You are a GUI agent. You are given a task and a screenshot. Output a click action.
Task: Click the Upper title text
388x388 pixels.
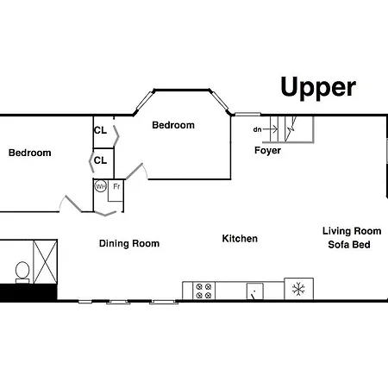(318, 88)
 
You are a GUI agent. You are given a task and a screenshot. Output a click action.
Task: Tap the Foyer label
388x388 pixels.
(267, 150)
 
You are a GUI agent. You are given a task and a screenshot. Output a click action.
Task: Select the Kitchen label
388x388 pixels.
(240, 239)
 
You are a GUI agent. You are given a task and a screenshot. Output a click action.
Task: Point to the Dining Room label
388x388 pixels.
(129, 243)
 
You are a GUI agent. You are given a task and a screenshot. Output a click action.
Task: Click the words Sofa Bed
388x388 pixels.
(349, 245)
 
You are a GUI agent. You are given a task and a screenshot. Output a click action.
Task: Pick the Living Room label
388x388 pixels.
(352, 231)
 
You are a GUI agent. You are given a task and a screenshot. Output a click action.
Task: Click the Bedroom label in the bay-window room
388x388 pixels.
(173, 125)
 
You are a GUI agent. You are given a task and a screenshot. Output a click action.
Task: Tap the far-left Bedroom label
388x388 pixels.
(30, 153)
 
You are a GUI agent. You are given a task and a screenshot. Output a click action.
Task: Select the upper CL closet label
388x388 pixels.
(100, 130)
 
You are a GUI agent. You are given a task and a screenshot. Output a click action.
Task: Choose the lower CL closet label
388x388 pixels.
(100, 160)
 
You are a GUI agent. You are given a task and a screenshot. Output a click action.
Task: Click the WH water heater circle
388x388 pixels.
(101, 186)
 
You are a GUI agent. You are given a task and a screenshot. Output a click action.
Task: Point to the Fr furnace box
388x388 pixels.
(116, 191)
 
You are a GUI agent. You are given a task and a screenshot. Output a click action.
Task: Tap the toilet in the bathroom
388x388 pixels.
(22, 272)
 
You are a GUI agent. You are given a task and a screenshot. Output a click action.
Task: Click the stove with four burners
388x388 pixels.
(203, 291)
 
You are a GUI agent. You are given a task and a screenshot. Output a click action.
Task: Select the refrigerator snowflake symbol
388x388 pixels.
(298, 289)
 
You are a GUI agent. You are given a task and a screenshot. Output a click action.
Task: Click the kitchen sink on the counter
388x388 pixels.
(255, 291)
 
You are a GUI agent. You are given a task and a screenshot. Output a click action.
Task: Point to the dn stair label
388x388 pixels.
(257, 129)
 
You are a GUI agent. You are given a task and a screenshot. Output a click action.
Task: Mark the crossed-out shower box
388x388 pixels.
(46, 261)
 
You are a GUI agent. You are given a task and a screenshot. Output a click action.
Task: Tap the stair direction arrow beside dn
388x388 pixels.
(270, 129)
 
